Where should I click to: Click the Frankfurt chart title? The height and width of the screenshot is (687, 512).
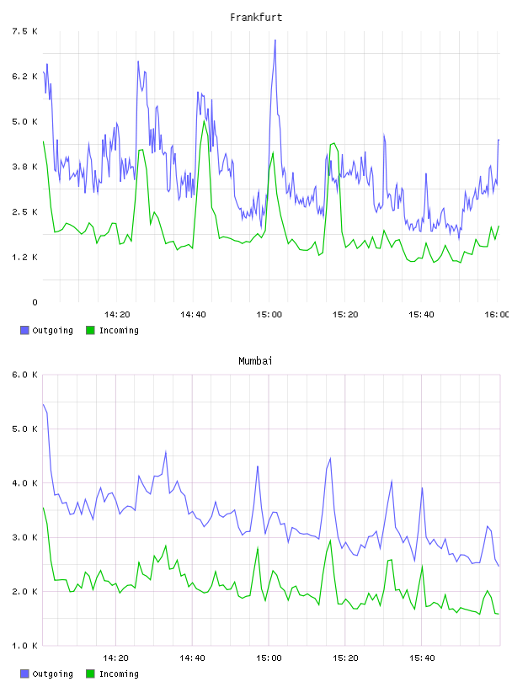256,17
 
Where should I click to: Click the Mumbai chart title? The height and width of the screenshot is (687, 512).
255,360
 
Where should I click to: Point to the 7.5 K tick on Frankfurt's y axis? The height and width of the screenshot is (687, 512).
25,31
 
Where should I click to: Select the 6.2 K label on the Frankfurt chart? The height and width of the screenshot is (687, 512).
25,77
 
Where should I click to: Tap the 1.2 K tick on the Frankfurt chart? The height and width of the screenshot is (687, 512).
25,257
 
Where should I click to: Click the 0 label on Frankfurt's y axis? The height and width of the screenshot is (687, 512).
35,302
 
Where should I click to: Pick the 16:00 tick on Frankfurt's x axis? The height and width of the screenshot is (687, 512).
497,314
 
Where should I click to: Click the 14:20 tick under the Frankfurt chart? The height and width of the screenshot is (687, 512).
117,314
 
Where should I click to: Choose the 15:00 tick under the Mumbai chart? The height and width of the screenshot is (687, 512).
269,658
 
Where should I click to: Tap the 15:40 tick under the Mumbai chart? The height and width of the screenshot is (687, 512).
422,658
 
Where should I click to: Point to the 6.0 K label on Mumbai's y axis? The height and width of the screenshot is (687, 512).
25,375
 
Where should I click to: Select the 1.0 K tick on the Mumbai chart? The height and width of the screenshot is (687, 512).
25,646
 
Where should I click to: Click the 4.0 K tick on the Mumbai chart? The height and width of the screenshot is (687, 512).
25,482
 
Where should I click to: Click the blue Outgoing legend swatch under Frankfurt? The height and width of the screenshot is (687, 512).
24,330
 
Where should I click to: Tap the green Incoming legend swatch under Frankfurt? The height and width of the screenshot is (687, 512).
90,330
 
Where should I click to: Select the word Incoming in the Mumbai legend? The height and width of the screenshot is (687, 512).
119,674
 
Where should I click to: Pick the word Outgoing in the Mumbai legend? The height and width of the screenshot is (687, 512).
52,674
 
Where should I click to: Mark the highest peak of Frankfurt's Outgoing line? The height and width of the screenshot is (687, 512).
275,40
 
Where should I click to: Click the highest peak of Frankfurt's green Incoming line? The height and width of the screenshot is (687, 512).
204,120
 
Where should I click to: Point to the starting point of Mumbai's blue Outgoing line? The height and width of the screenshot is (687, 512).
43,404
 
